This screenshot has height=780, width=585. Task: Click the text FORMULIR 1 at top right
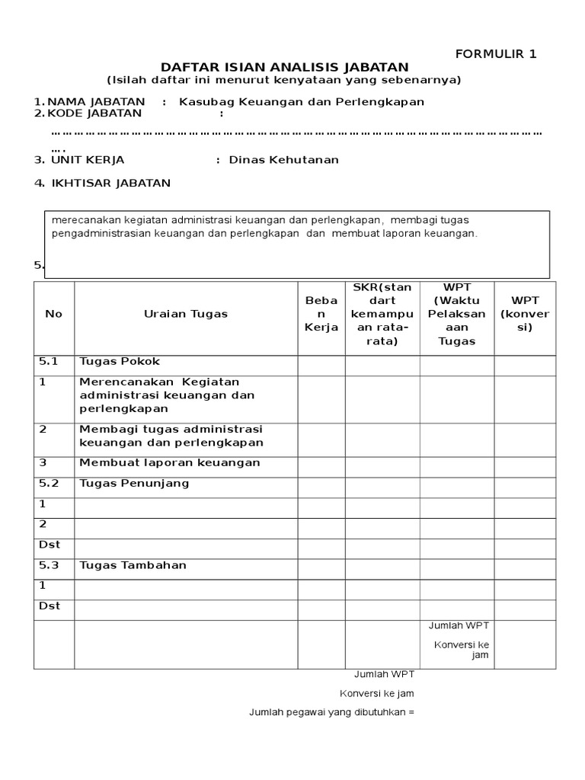(496, 53)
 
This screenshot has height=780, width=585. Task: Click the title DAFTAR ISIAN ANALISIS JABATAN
(284, 67)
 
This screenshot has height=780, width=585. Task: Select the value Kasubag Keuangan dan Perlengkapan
(301, 102)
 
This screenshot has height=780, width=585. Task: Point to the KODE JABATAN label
(94, 113)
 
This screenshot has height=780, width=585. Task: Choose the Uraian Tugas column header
(186, 314)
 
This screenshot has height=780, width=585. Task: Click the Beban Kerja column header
(321, 314)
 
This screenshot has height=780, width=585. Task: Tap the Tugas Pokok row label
(120, 362)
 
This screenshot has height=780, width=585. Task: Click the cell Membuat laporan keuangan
(170, 462)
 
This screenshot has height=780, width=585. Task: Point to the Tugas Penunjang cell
(134, 483)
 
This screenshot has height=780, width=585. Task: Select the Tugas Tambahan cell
(133, 565)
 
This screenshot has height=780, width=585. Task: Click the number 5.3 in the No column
(50, 565)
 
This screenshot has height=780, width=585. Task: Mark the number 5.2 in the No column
(50, 483)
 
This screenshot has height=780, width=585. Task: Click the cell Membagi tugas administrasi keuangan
(171, 436)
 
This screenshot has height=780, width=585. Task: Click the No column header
(54, 314)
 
